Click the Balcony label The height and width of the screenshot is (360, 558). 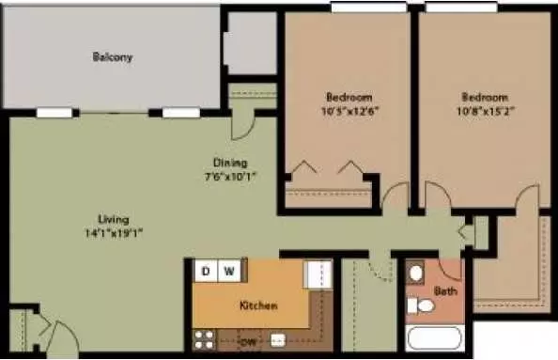click(113, 57)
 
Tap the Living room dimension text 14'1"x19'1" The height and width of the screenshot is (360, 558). click(114, 233)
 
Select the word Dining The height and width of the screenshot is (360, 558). click(230, 163)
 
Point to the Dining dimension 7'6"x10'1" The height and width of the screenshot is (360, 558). click(230, 177)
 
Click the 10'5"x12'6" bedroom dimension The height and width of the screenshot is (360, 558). click(349, 111)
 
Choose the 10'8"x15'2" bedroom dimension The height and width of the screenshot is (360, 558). click(486, 111)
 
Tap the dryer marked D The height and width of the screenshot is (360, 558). click(206, 272)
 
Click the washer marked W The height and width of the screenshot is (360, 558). click(229, 272)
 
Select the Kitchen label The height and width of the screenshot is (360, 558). click(258, 305)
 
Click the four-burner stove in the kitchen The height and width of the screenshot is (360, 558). click(204, 340)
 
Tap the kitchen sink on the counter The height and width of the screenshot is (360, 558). click(278, 340)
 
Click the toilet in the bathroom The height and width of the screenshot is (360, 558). click(421, 305)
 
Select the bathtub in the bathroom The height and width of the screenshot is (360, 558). click(434, 338)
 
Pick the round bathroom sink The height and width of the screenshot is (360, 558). click(415, 274)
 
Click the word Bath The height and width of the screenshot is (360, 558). click(445, 291)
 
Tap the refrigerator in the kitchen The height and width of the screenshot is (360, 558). click(318, 274)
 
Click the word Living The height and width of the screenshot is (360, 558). click(114, 219)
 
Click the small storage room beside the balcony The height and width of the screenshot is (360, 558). click(252, 43)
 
